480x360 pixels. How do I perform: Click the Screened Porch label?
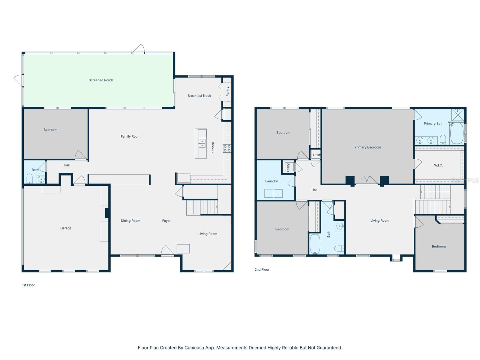coord(101,80)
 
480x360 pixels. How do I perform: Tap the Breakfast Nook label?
coord(199,96)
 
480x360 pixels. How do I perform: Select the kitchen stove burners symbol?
coord(227,148)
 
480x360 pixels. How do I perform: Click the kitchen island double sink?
coord(202,143)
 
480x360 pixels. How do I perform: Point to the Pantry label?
coord(228,91)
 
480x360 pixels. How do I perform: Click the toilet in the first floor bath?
coord(29,179)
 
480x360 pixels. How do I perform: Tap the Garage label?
coord(66,228)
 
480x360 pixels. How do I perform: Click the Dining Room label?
coord(130,221)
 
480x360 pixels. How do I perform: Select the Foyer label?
coord(166,221)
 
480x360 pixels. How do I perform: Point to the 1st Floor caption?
coord(28,285)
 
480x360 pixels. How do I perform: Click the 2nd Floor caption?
coord(262,270)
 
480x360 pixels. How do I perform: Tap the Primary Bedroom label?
coord(367,147)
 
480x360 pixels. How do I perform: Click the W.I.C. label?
coord(438,165)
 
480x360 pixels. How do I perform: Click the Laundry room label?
coord(271,181)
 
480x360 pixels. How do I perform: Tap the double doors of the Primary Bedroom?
coord(367,181)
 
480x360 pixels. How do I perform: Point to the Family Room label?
coord(130,136)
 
